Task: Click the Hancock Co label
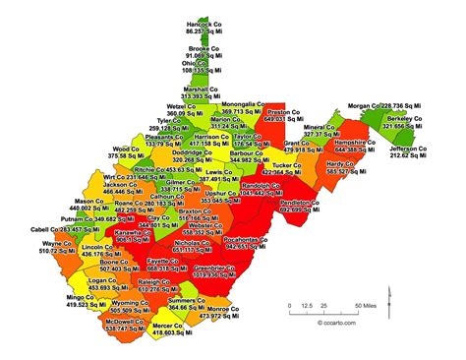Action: [201, 24]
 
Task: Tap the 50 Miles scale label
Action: [363, 305]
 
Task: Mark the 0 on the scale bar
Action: [289, 305]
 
